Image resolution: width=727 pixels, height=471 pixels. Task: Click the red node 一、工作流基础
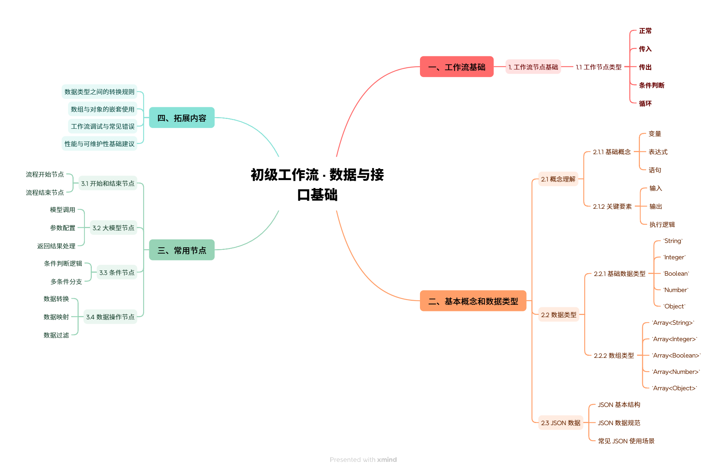(x=456, y=67)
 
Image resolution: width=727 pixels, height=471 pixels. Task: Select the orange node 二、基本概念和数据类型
(x=473, y=301)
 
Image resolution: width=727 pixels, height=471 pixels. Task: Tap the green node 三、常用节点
(x=181, y=250)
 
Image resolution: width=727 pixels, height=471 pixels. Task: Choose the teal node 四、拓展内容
(x=181, y=118)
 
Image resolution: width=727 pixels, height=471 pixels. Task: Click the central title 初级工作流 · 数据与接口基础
(x=317, y=184)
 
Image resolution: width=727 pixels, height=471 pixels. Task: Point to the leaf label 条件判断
(x=651, y=85)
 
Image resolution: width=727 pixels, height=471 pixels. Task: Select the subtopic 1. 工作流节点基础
(x=533, y=67)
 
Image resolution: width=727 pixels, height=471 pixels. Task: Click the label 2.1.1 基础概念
(x=612, y=152)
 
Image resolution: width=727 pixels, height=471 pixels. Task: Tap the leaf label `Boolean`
(x=676, y=274)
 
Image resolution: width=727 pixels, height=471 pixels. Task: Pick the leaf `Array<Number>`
(x=676, y=372)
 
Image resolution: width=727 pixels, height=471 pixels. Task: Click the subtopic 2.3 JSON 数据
(x=560, y=423)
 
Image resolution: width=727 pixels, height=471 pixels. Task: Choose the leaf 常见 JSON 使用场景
(x=626, y=441)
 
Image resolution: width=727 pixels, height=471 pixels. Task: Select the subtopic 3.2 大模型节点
(x=113, y=228)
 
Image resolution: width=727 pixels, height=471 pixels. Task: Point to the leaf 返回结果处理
(x=56, y=246)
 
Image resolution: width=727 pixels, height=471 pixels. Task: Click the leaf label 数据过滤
(x=56, y=335)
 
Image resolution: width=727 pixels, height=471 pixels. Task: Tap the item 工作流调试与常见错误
(x=102, y=127)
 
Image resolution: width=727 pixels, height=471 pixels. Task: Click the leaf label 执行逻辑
(x=662, y=225)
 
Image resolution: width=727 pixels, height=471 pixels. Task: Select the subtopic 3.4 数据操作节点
(x=110, y=317)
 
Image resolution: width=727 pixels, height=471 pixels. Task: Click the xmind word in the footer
(x=387, y=460)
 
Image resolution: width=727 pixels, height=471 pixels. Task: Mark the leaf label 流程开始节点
(x=45, y=175)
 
